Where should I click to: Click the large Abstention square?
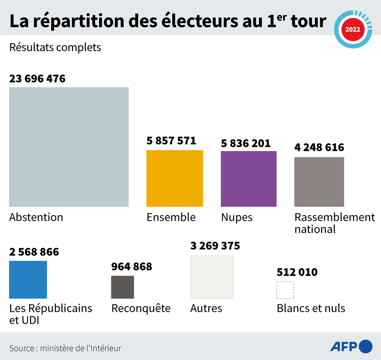click(x=69, y=147)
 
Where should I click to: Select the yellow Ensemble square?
click(x=174, y=178)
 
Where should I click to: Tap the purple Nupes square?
click(x=248, y=179)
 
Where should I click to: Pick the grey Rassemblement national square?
click(x=319, y=181)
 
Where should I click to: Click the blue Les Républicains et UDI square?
click(x=28, y=279)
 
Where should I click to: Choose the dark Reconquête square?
click(x=123, y=287)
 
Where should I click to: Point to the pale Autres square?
click(x=212, y=277)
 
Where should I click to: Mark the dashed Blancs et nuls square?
click(x=285, y=290)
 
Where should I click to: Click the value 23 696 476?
click(x=37, y=79)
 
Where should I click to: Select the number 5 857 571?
click(x=171, y=141)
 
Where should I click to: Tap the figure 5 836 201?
click(x=245, y=143)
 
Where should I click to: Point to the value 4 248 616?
click(x=319, y=147)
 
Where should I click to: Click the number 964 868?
click(x=131, y=267)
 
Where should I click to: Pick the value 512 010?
click(x=297, y=272)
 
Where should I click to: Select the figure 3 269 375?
click(x=215, y=246)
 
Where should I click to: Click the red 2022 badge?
click(x=353, y=30)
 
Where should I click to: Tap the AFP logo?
click(x=351, y=347)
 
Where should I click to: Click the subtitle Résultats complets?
click(x=55, y=48)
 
